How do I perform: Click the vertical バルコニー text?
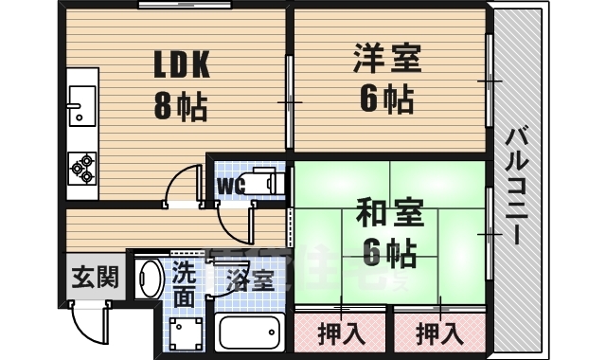pyautogui.click(x=517, y=185)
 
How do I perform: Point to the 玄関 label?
pyautogui.click(x=96, y=278)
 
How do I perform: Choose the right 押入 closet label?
pyautogui.click(x=438, y=333)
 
